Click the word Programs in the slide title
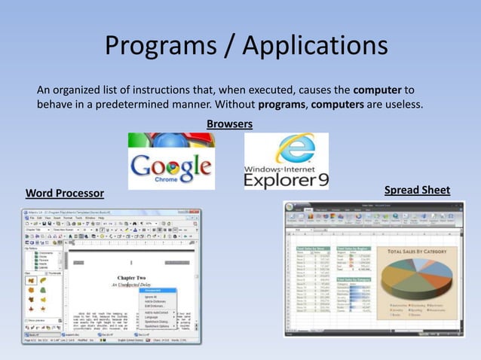(x=160, y=47)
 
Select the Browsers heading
(x=229, y=123)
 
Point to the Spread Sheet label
(x=417, y=190)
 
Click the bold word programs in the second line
(x=281, y=104)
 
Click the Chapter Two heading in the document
(x=132, y=276)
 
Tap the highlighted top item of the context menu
(x=154, y=291)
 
